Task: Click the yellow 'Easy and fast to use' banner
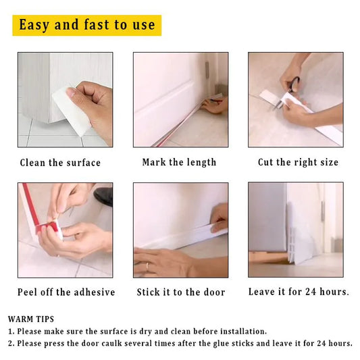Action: (86, 25)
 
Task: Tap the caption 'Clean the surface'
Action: (60, 163)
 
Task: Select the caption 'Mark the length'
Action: (179, 162)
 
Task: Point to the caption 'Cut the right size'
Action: (298, 162)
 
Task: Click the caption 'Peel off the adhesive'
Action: (66, 292)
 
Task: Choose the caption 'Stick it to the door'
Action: (180, 292)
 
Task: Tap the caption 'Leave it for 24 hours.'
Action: (299, 292)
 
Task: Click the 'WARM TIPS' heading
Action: (31, 318)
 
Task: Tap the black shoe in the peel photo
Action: (104, 196)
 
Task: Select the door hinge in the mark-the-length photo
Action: (206, 68)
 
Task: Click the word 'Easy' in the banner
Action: (33, 25)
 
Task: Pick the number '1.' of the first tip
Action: (11, 331)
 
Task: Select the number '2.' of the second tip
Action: (11, 343)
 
